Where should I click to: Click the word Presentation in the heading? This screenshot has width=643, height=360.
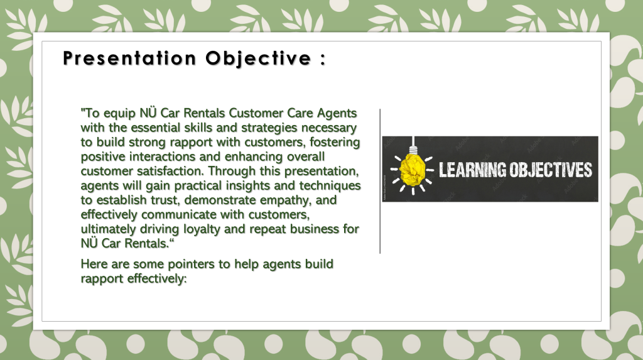[129, 58]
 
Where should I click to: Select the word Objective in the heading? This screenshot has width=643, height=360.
[258, 59]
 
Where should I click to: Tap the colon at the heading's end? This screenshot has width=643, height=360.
[323, 59]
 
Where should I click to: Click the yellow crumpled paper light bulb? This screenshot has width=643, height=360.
[413, 169]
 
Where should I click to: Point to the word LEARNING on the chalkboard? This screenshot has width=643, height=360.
[472, 170]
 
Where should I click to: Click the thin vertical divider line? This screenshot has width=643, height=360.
[380, 181]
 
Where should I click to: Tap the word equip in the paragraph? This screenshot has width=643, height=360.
[120, 114]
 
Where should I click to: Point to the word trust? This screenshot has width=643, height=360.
[166, 200]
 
